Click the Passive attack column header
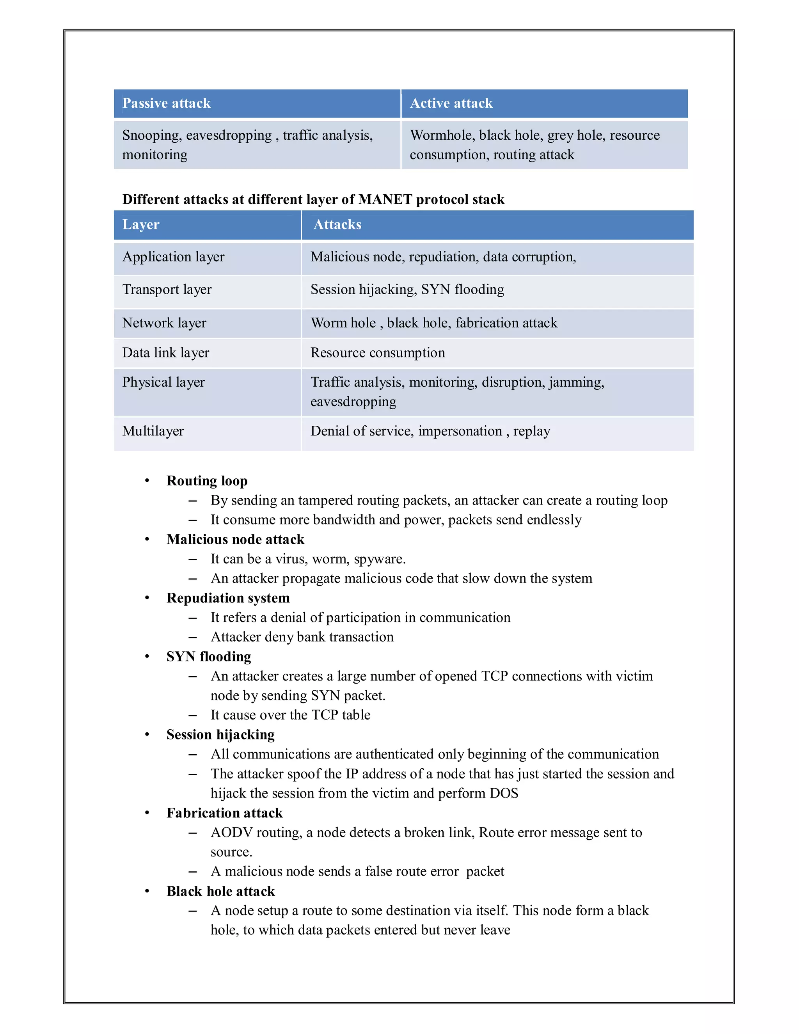coord(166,103)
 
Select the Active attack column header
coord(451,103)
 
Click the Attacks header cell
coord(337,224)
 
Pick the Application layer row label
coord(173,257)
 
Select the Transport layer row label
coord(167,289)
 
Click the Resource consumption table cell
coord(377,353)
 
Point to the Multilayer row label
coord(153,431)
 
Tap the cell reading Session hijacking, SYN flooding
coord(407,289)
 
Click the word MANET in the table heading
coord(385,199)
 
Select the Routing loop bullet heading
coord(207,481)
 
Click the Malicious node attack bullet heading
coord(235,540)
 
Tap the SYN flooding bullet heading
coord(208,657)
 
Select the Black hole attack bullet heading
coord(220,892)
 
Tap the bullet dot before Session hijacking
coord(147,734)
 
